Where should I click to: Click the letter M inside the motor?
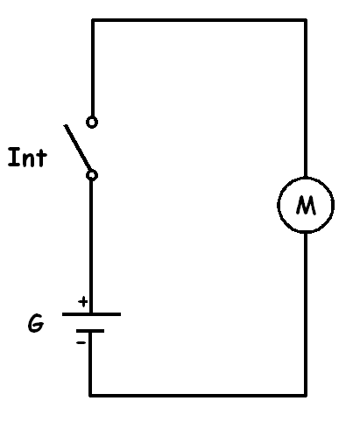306,205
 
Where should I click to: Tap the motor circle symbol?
278,205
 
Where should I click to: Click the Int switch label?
27,158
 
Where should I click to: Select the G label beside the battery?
36,323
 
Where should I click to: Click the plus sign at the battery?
83,301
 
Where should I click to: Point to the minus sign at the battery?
81,342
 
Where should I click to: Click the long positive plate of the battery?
91,314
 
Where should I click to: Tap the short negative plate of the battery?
90,331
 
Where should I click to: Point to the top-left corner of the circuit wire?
93,20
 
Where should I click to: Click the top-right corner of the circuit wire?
306,20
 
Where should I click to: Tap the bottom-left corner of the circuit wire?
90,396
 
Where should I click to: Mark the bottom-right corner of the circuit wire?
306,396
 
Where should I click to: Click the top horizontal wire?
199,20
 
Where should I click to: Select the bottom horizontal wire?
198,396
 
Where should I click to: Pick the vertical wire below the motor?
306,313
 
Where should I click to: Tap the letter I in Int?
13,158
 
